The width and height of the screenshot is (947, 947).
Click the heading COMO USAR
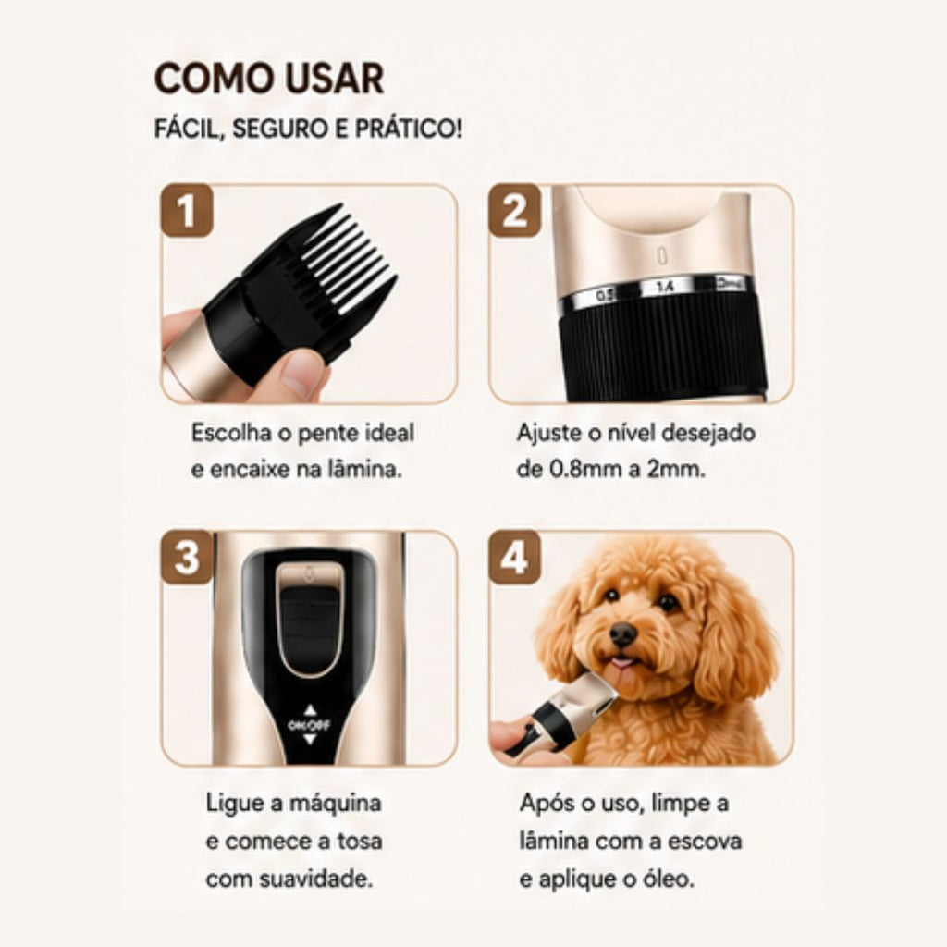(x=269, y=79)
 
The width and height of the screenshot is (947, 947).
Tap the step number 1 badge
(x=187, y=211)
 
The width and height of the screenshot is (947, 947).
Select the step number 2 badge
(x=514, y=211)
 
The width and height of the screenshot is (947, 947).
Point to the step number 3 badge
(x=187, y=558)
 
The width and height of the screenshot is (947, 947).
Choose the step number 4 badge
(x=514, y=558)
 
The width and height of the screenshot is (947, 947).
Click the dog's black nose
(x=622, y=633)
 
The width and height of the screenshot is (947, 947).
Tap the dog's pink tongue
(x=622, y=664)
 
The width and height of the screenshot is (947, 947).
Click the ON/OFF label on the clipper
(x=309, y=725)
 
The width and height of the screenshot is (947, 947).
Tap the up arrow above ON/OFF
(x=309, y=709)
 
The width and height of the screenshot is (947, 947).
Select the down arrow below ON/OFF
(x=309, y=739)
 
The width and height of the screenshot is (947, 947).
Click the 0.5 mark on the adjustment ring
(x=605, y=296)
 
